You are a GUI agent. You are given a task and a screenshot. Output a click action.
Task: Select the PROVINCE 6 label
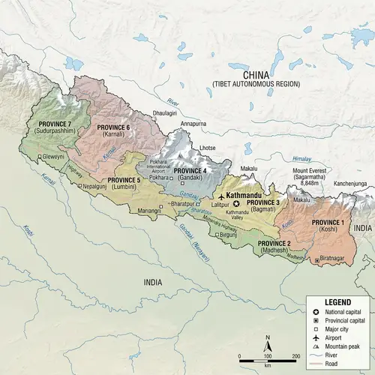click(x=112, y=127)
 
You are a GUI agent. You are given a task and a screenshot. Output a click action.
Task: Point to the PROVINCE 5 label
click(x=124, y=180)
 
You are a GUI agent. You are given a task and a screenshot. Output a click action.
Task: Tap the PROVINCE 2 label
click(x=274, y=244)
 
